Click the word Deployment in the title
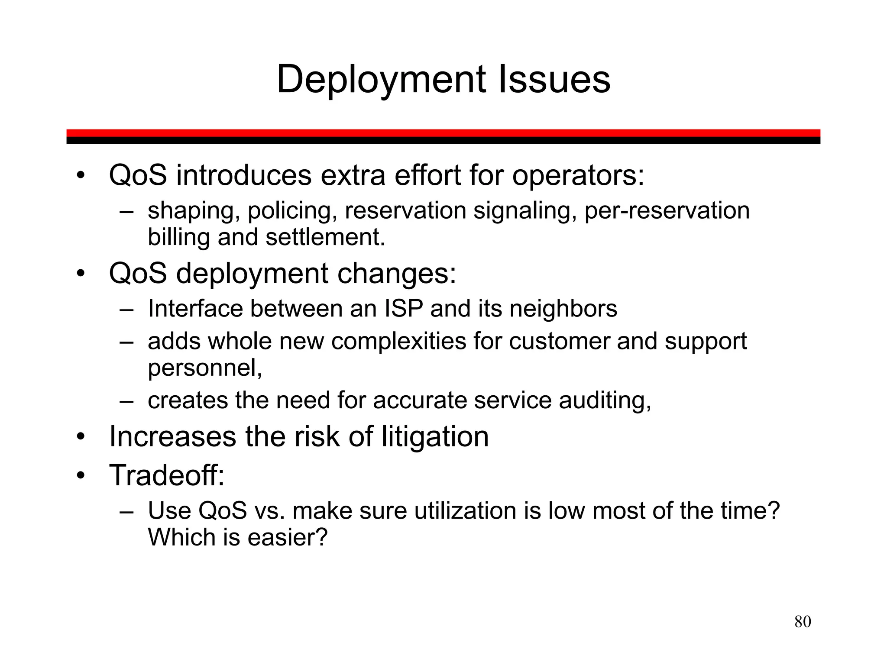click(x=381, y=80)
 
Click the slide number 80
click(x=803, y=622)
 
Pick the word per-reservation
click(x=667, y=211)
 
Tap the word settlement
click(x=325, y=237)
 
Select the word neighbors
click(x=563, y=309)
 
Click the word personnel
click(x=205, y=368)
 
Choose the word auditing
click(x=605, y=400)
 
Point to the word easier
click(x=287, y=537)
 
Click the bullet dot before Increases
click(x=80, y=437)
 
